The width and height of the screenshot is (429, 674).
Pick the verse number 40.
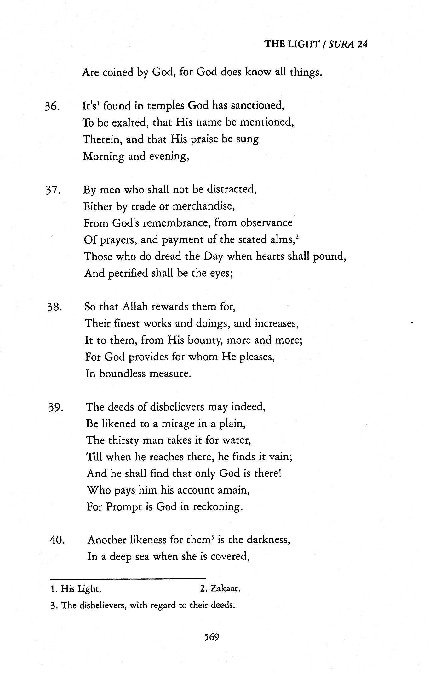pos(57,541)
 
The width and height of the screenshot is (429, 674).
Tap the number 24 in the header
pos(362,44)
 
